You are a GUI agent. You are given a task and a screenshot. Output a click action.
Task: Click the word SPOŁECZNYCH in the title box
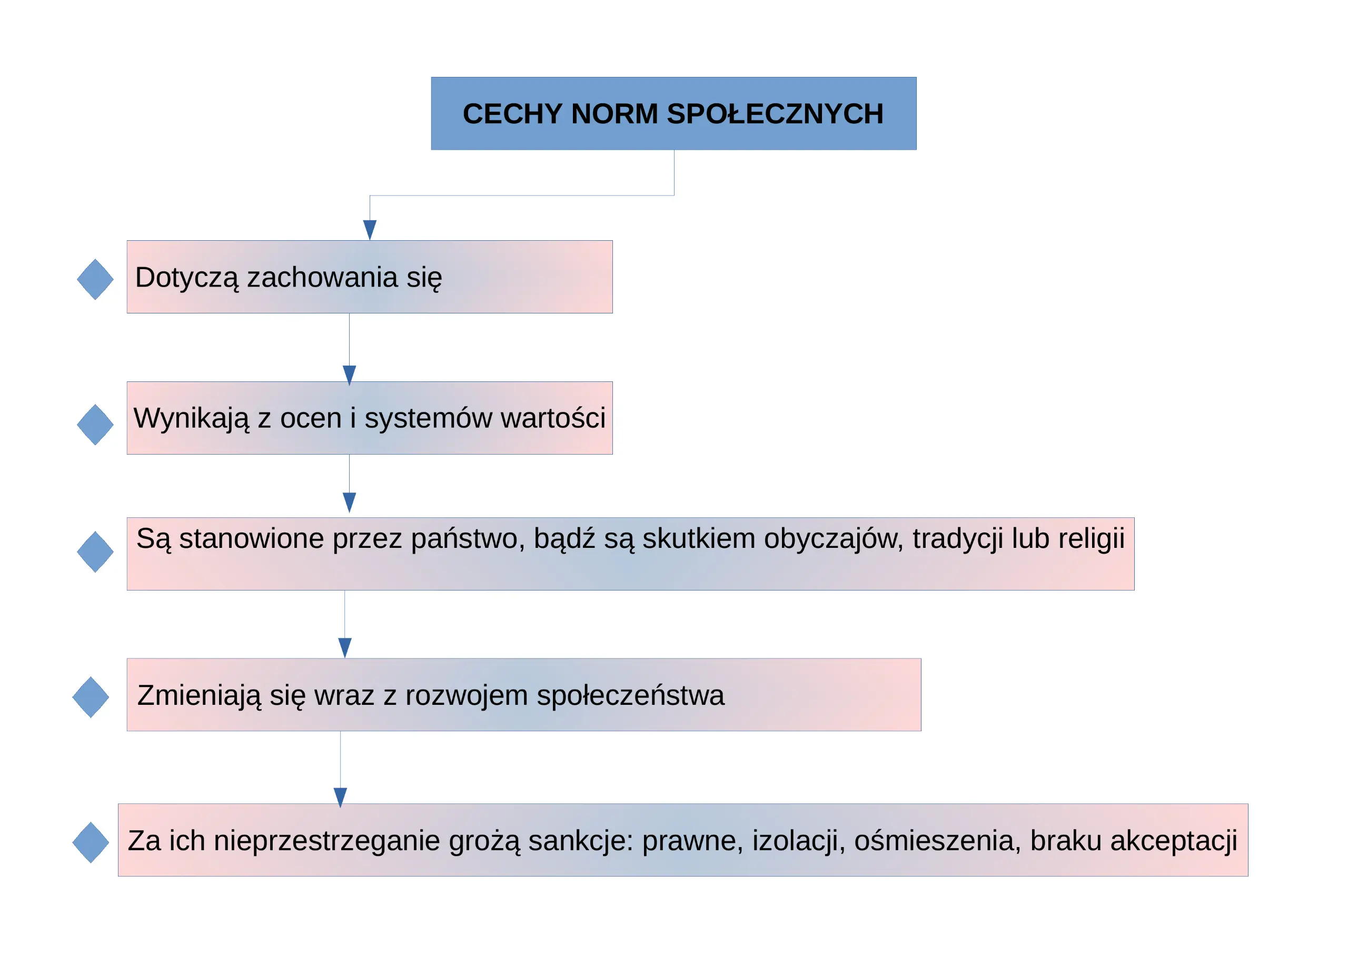coord(775,114)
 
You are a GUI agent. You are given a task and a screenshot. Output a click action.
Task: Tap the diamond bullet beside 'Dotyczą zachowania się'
coord(95,280)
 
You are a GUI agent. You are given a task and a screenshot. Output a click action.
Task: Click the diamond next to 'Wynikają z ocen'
coord(95,425)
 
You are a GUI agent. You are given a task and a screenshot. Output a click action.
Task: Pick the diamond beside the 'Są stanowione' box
coord(95,552)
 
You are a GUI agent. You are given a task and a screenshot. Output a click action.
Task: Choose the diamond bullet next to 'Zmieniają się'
coord(91,697)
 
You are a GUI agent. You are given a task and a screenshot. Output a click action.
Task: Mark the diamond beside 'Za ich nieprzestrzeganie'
coord(91,842)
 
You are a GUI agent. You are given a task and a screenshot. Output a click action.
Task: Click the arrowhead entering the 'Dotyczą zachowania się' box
coord(370,230)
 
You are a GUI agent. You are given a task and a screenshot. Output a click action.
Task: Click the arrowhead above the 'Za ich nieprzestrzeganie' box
coord(341,798)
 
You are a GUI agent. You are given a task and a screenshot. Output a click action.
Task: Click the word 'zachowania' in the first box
coord(322,277)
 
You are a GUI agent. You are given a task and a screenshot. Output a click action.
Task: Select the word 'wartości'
coord(553,418)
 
